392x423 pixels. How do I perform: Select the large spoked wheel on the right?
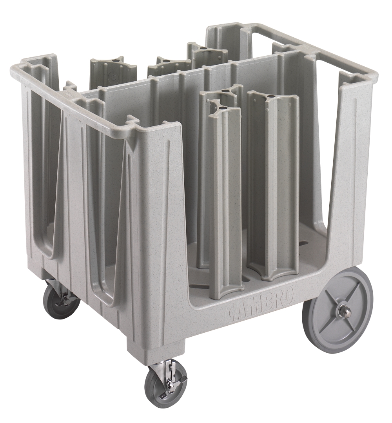tap(338, 310)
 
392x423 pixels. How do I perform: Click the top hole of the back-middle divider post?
tap(166, 62)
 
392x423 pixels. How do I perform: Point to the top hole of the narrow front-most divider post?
tap(222, 107)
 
